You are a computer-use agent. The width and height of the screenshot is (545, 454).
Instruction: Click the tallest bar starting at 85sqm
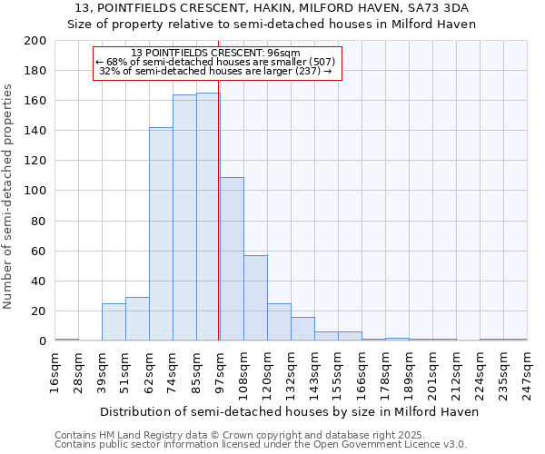(208, 218)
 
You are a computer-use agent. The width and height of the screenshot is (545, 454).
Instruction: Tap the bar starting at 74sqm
(184, 218)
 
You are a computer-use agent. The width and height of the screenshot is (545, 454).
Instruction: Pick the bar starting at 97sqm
(232, 259)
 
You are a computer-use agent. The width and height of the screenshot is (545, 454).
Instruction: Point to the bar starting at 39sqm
(114, 321)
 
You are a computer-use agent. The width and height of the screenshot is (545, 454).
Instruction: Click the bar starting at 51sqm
(137, 319)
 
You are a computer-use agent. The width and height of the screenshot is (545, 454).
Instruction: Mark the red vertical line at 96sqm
(219, 227)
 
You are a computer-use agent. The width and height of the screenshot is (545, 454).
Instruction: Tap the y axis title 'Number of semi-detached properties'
(9, 196)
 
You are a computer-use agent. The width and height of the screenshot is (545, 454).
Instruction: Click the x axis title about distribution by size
(289, 411)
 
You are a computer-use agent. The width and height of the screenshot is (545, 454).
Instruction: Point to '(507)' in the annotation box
(321, 62)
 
